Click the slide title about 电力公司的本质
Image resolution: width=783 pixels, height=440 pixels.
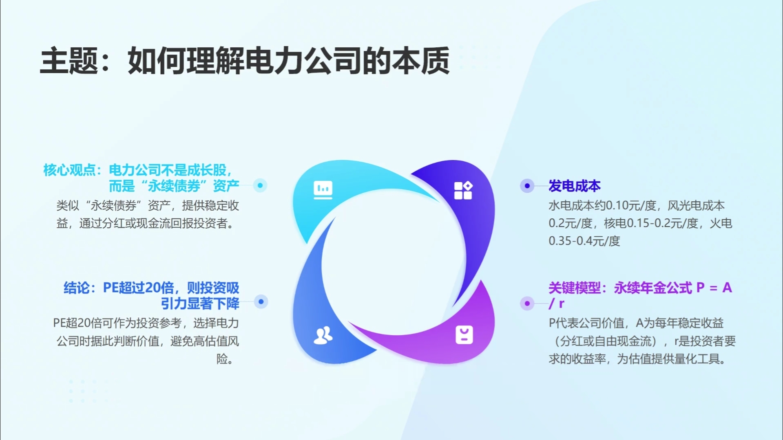click(x=245, y=61)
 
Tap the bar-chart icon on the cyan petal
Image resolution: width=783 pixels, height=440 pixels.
click(x=323, y=190)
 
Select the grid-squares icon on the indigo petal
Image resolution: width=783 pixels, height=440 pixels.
click(x=463, y=190)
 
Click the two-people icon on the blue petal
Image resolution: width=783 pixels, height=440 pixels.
click(x=323, y=335)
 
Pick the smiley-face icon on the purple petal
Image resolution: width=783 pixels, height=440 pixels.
click(x=464, y=335)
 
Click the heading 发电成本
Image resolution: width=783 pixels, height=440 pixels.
click(x=575, y=186)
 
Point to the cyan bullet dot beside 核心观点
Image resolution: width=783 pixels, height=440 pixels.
click(x=260, y=185)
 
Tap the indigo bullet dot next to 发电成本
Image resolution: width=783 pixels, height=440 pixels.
click(x=527, y=186)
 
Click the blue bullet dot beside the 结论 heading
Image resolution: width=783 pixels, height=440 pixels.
click(x=261, y=302)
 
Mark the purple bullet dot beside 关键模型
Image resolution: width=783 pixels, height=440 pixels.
click(x=527, y=304)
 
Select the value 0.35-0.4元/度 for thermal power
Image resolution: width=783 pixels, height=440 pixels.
click(x=584, y=241)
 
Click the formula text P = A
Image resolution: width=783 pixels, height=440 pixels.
click(x=714, y=288)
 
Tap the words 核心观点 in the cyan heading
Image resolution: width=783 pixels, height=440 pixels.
click(x=69, y=170)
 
